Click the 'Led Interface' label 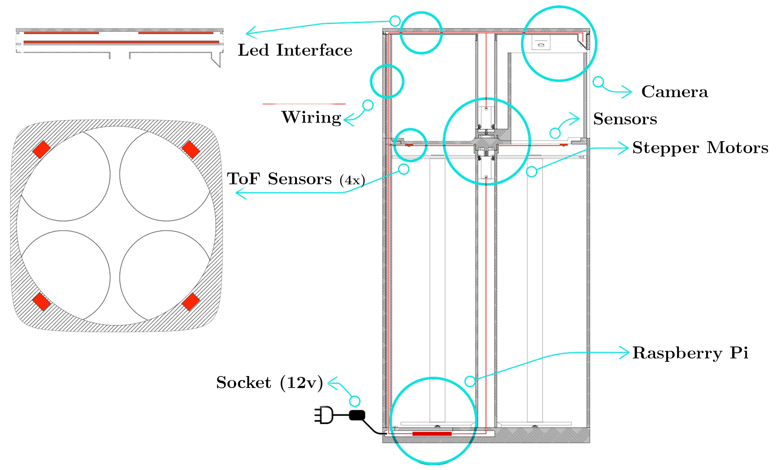tap(295, 50)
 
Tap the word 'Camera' tap(674, 92)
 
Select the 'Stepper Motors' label tap(700, 148)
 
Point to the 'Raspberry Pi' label tap(690, 353)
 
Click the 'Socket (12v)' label tap(269, 383)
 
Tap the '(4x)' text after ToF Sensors tap(352, 180)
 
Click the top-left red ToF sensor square tap(41, 149)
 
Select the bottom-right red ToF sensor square tap(191, 302)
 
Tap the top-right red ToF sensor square tap(191, 149)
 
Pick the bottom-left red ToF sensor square tap(41, 302)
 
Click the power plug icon tap(324, 415)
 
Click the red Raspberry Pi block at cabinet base tap(432, 434)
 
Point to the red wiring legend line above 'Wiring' tap(304, 104)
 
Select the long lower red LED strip tap(121, 42)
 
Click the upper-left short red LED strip tap(61, 33)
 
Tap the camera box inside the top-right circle tap(541, 43)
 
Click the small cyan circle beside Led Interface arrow tap(395, 21)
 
